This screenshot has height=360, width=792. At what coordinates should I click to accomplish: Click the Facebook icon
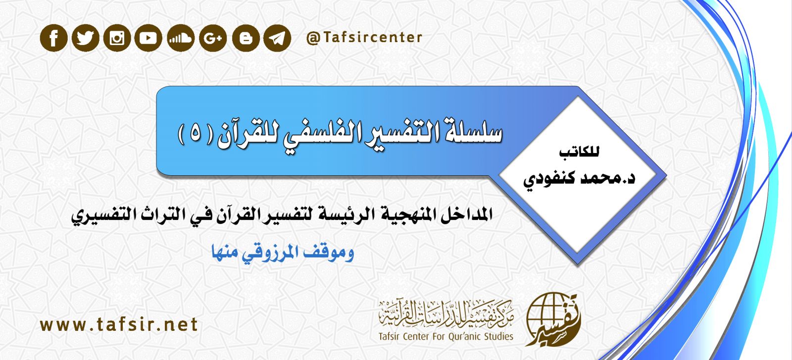click(53, 38)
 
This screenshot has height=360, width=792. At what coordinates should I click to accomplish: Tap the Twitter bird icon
click(85, 38)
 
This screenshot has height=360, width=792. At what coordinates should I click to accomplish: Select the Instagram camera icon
click(117, 38)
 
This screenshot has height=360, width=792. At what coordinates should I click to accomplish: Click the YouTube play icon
click(148, 38)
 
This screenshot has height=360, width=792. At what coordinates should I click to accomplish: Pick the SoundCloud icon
click(180, 38)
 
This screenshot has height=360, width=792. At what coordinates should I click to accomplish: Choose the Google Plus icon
click(213, 38)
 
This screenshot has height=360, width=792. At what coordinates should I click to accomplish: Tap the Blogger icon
click(246, 38)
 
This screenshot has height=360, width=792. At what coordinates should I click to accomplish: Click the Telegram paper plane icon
click(277, 38)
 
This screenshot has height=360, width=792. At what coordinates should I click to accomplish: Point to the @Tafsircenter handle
click(364, 38)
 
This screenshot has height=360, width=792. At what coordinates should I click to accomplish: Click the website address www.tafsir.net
click(119, 325)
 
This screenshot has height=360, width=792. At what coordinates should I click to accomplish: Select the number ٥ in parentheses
click(196, 135)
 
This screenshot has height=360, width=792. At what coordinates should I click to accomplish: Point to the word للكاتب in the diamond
click(579, 152)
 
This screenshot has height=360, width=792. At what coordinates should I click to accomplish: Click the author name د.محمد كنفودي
click(579, 178)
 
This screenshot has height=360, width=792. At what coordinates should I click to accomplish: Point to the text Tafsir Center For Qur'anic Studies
click(445, 337)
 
